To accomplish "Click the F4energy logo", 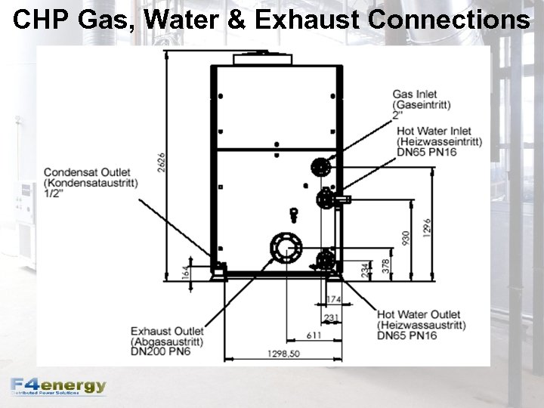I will (59, 386).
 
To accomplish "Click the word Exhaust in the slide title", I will (308, 20).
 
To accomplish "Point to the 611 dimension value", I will (312, 335).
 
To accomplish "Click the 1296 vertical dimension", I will (427, 226).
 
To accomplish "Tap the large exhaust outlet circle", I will (285, 247).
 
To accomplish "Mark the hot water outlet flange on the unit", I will (325, 261).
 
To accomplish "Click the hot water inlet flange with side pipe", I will (327, 199).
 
